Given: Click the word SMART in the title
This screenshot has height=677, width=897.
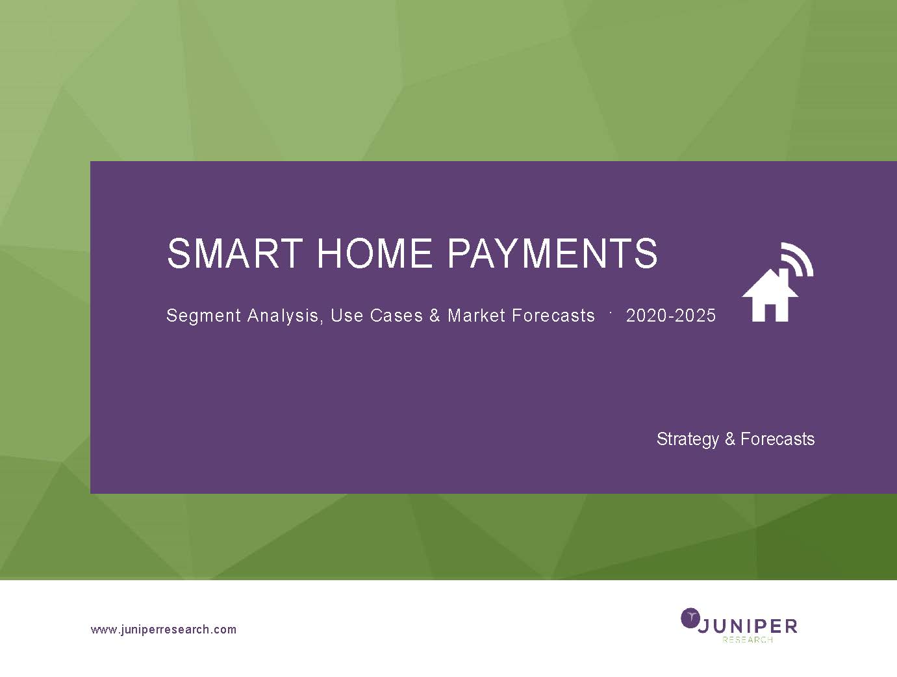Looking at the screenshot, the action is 235,253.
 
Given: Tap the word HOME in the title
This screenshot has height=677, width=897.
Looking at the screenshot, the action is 375,253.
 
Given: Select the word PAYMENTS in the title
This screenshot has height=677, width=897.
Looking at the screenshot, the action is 553,253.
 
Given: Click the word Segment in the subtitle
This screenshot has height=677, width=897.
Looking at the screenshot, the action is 203,316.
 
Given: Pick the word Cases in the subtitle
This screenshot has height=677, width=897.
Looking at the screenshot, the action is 396,315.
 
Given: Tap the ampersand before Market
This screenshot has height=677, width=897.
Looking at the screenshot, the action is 435,315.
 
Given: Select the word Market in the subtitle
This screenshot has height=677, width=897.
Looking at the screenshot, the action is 477,315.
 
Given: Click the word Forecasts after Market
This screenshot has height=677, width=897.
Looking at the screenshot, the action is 553,315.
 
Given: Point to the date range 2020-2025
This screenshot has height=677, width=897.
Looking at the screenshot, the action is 670,315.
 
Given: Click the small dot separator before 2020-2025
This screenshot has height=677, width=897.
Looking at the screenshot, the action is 611,313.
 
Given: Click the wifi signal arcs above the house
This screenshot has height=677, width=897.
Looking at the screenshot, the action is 797,258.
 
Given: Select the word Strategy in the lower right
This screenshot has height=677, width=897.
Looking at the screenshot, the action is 688,440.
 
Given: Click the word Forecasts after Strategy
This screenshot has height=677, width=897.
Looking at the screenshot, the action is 777,439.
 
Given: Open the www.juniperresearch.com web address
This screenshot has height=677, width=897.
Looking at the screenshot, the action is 164,630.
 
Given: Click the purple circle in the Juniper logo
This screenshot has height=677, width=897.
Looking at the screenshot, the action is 690,618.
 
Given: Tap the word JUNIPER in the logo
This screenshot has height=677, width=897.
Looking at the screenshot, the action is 748,626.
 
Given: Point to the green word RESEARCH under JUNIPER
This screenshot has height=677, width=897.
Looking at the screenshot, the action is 748,640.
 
